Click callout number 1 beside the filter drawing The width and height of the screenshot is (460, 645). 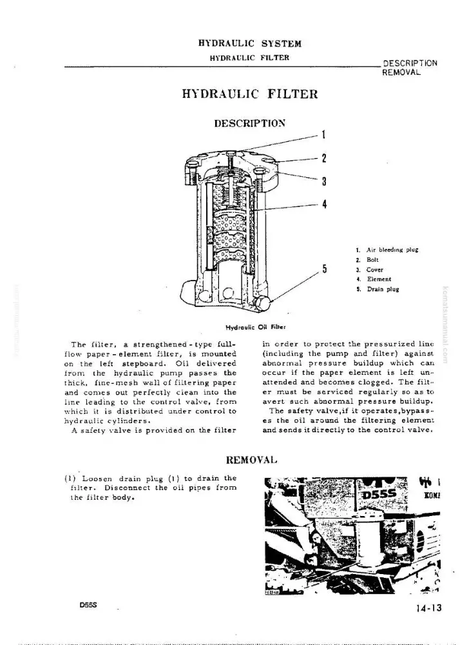(323, 135)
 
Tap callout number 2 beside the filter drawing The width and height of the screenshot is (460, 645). (323, 159)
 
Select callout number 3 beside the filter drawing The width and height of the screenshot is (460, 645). (323, 181)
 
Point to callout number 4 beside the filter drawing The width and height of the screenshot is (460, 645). (324, 204)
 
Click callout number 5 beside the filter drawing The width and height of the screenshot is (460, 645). (325, 269)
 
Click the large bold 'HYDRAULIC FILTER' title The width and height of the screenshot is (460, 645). (250, 94)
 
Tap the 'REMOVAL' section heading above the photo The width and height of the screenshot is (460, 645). (252, 459)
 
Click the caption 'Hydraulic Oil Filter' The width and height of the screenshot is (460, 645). (256, 328)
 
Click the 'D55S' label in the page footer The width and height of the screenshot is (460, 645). (88, 606)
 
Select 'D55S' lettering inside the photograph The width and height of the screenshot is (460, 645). (379, 494)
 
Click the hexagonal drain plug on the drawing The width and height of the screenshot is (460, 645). (262, 304)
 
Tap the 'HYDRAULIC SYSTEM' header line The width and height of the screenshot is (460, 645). (250, 44)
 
